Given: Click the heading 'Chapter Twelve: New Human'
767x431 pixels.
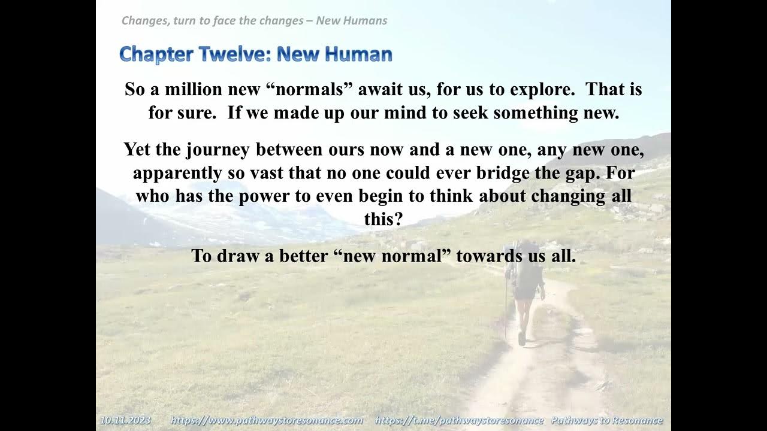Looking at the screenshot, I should pos(256,54).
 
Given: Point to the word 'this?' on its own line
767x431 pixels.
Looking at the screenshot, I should pos(383,219).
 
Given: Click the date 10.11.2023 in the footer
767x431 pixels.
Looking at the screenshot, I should pos(126,420).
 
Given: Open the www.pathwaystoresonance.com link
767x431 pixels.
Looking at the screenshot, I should pos(267,420).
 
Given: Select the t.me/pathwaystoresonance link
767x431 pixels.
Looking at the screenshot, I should pos(459,420).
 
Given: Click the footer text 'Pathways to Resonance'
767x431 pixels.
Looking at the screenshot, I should pos(606,420).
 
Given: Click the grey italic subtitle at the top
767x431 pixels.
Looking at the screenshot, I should pos(254,21).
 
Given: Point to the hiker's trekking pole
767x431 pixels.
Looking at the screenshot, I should pos(506,305).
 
